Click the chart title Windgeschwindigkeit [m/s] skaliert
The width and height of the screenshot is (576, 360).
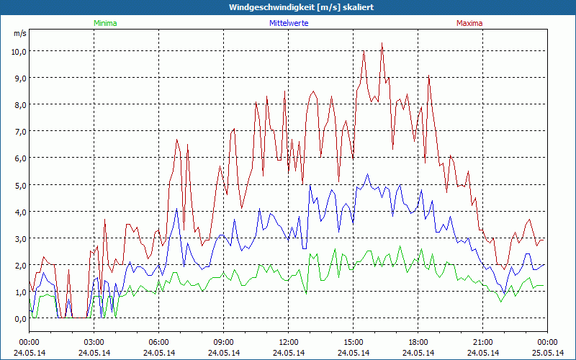click(288, 7)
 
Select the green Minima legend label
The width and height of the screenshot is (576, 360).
click(104, 23)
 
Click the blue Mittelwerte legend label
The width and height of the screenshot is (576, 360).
click(288, 23)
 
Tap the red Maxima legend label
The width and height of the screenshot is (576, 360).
click(469, 23)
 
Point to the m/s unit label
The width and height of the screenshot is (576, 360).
click(20, 33)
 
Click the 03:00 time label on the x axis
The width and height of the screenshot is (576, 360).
click(94, 342)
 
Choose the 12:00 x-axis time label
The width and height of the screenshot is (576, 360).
click(289, 342)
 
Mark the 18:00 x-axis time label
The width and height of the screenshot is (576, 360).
click(418, 342)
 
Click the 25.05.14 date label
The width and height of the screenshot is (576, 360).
click(548, 353)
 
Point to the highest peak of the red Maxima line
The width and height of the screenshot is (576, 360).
click(382, 43)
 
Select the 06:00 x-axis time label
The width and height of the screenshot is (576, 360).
click(159, 342)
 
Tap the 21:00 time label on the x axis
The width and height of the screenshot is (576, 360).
click(483, 342)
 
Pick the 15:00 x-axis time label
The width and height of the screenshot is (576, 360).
click(354, 342)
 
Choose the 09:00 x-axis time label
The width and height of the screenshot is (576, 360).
click(224, 342)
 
